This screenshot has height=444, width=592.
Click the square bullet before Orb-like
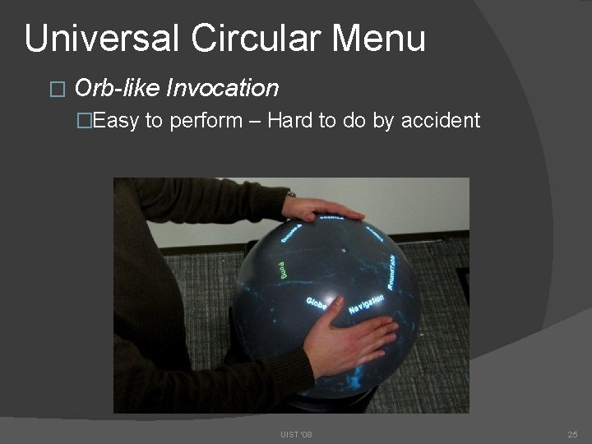[56, 88]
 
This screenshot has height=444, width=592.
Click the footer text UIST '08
[296, 433]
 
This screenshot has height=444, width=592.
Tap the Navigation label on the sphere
[367, 303]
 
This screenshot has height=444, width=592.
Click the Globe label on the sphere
[317, 303]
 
